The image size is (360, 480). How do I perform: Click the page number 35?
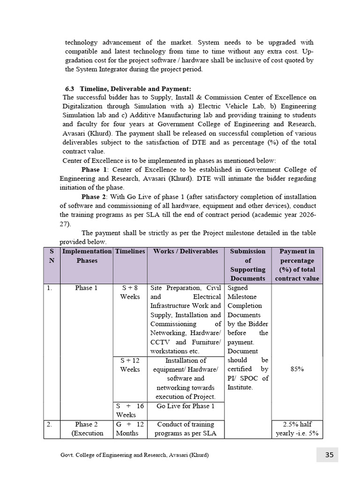pyautogui.click(x=329, y=455)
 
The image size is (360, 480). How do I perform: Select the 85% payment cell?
pyautogui.click(x=297, y=369)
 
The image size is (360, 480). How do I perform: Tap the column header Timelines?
pyautogui.click(x=130, y=251)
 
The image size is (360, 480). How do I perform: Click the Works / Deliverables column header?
pyautogui.click(x=186, y=251)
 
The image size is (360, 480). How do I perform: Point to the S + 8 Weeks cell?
pyautogui.click(x=130, y=292)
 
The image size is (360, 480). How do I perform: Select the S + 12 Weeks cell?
pyautogui.click(x=130, y=365)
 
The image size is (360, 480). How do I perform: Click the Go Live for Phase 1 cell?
pyautogui.click(x=186, y=406)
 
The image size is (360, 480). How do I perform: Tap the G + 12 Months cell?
pyautogui.click(x=130, y=429)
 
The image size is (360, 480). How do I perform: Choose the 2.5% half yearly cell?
pyautogui.click(x=297, y=429)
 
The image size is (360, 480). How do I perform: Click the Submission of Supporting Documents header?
pyautogui.click(x=247, y=265)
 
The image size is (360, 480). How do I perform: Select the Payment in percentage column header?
pyautogui.click(x=297, y=265)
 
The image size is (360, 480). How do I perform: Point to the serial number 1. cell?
pyautogui.click(x=50, y=288)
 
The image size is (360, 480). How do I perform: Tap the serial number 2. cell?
pyautogui.click(x=50, y=425)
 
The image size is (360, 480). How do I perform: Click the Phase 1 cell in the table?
pyautogui.click(x=86, y=288)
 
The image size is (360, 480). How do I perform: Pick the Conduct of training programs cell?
pyautogui.click(x=186, y=429)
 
